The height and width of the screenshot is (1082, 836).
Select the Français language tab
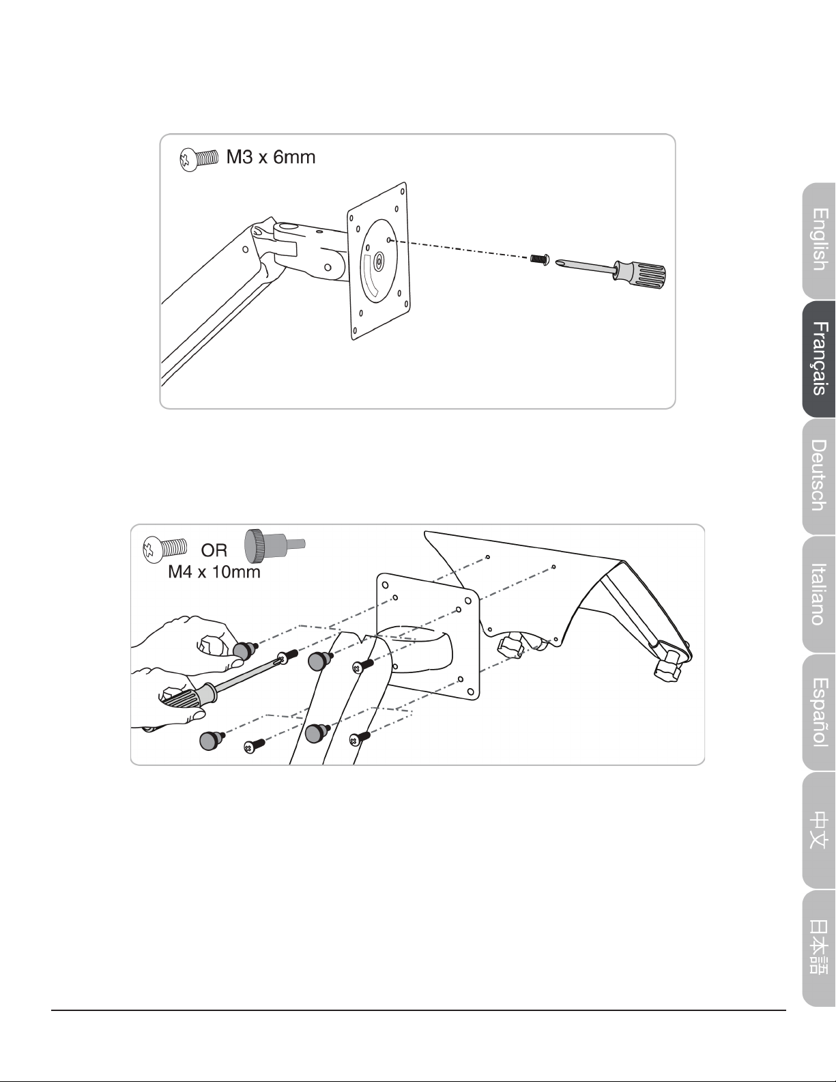[819, 358]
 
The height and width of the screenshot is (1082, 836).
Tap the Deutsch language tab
[819, 476]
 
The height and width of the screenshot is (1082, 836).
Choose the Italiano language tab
[819, 593]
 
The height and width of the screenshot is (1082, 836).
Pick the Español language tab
[819, 712]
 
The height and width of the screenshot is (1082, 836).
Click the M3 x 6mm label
[271, 157]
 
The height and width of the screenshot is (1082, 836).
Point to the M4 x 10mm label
[214, 571]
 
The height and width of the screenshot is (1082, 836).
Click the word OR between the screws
[214, 550]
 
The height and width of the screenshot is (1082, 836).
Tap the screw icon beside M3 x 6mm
[199, 159]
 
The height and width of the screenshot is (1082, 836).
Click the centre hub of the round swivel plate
[379, 260]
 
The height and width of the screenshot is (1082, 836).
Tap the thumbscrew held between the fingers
[244, 650]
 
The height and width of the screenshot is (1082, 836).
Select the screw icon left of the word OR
[164, 550]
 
